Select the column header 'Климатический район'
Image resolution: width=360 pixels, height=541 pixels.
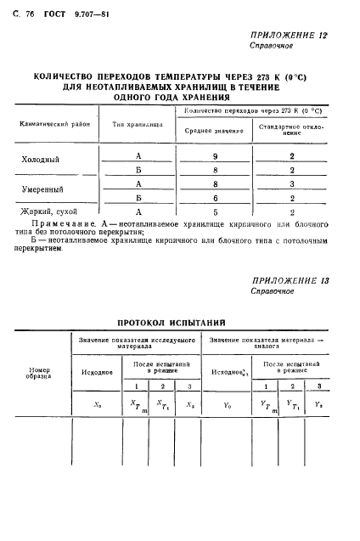tap(49, 124)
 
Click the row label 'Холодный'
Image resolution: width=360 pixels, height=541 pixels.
tap(41, 160)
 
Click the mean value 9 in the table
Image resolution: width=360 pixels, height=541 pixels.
tap(218, 155)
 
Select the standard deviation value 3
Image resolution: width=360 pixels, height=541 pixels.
tap(292, 183)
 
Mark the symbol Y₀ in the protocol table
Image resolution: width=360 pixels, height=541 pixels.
tap(227, 406)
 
